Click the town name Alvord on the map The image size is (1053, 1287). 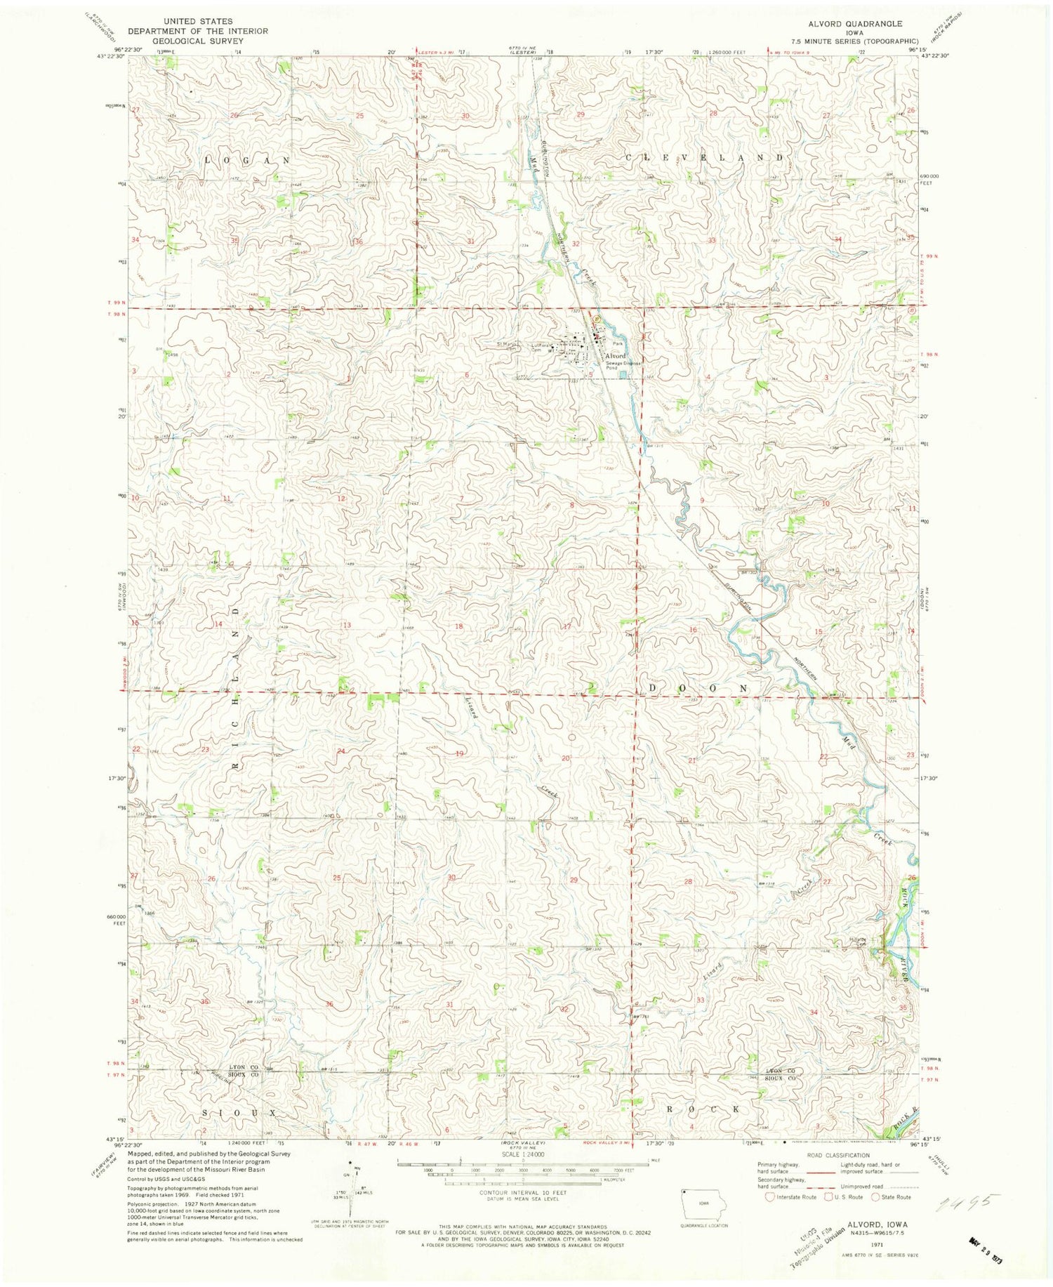(x=616, y=356)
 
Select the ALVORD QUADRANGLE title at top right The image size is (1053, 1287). (x=854, y=24)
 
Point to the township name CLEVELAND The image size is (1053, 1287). (x=702, y=158)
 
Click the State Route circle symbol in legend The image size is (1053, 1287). (x=875, y=1197)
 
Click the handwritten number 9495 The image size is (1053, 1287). (x=968, y=1203)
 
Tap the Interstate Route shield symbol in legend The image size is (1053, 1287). (x=770, y=1197)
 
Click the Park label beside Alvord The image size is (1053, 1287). (x=618, y=343)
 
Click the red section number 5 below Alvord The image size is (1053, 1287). (x=591, y=375)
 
